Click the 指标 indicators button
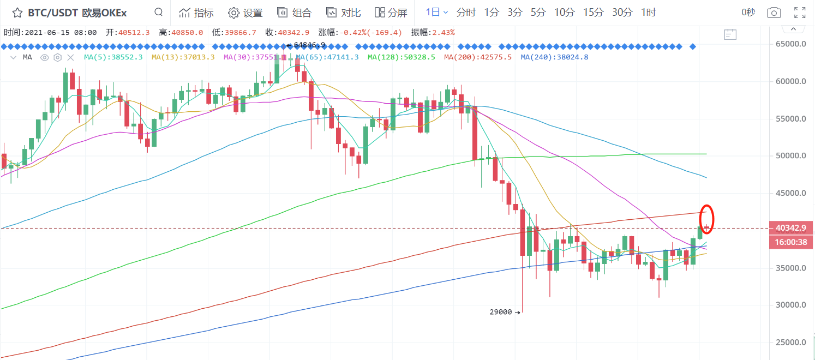point(196,13)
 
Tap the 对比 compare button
point(339,13)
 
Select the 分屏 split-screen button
point(391,13)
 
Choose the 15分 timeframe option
point(592,13)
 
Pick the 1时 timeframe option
point(648,13)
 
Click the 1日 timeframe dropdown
point(436,13)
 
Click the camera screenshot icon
point(773,13)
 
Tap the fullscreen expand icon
point(800,13)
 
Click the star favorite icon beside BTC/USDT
point(17,13)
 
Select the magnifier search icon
point(158,12)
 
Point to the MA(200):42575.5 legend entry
point(478,57)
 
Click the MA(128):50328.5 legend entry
point(401,57)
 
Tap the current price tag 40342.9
point(790,227)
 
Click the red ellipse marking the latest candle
point(707,219)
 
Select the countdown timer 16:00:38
point(790,243)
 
